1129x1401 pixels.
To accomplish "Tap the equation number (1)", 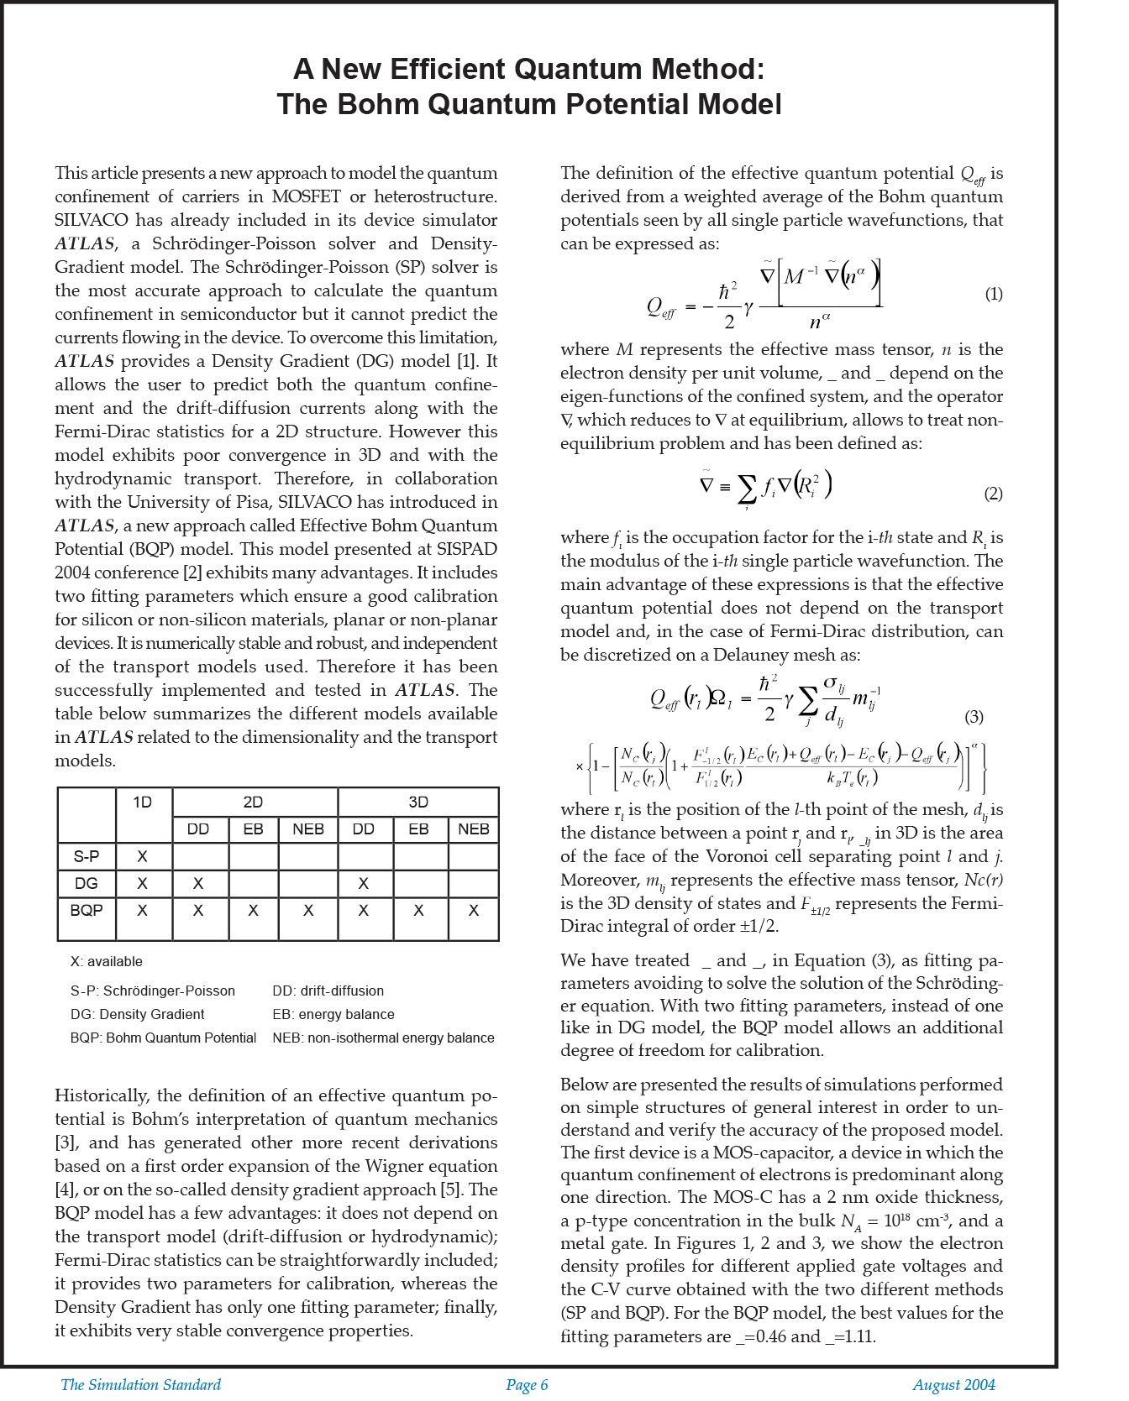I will coord(993,294).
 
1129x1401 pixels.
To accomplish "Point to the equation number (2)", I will coord(993,494).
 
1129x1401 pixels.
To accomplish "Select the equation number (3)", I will coord(974,717).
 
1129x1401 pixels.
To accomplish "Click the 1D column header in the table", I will coord(143,802).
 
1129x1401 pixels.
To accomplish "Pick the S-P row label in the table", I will coord(86,856).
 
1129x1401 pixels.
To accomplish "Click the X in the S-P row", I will coord(143,856).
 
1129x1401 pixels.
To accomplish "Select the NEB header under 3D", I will coord(474,829).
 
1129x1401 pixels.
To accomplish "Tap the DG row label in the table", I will coord(86,883).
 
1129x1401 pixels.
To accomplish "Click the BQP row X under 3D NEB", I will coord(474,910).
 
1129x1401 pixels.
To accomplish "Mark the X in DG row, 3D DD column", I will coord(364,883).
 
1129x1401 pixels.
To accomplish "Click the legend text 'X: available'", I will coord(107,961).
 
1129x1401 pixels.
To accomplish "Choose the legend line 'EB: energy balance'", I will coord(333,1014).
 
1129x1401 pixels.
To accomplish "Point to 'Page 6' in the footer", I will coord(527,1385).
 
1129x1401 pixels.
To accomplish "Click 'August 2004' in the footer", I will coord(953,1385).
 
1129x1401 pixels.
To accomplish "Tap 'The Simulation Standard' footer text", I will coord(140,1385).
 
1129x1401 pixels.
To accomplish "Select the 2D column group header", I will coord(253,802).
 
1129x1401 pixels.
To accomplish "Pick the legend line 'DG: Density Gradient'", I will coord(138,1014).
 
